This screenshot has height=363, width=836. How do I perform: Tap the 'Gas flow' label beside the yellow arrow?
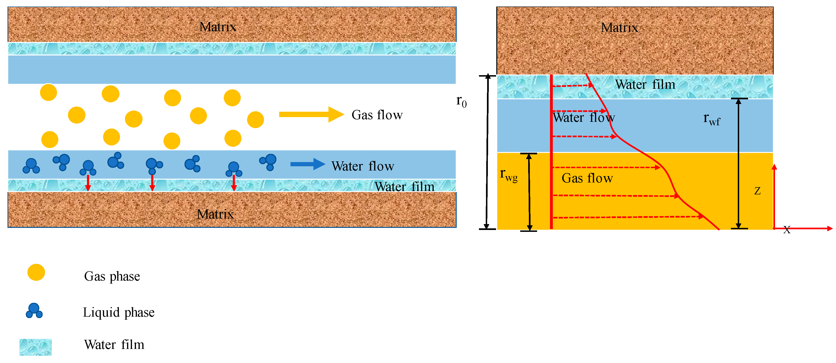(377, 115)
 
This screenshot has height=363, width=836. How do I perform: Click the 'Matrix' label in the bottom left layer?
(215, 214)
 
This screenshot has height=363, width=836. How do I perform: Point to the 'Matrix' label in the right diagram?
(619, 28)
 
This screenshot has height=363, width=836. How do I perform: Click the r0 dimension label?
(461, 101)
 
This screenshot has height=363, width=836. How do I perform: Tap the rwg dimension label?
(508, 175)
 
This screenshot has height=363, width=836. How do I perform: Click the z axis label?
(757, 191)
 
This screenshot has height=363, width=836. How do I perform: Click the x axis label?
(786, 230)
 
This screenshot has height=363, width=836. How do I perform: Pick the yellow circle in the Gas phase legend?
(36, 272)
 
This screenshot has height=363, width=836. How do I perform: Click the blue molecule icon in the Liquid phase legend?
(34, 311)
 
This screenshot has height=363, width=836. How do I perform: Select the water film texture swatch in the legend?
(35, 347)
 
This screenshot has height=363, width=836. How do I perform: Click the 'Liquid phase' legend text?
(118, 312)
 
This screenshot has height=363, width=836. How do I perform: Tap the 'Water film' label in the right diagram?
(645, 85)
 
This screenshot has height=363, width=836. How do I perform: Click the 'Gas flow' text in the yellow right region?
(587, 178)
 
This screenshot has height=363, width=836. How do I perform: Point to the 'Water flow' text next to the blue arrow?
(362, 166)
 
